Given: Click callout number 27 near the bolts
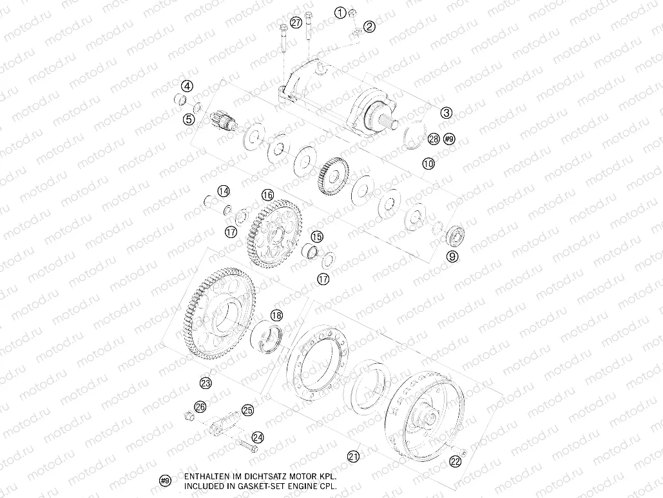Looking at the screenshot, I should (296, 23).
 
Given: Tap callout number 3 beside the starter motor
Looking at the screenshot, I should (447, 112).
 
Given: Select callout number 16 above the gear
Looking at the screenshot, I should (267, 195).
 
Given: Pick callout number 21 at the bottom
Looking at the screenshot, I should (353, 456).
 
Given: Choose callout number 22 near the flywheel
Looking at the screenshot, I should (456, 461).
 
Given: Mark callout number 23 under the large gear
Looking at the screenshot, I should (206, 383).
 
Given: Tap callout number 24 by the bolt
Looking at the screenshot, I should (257, 437).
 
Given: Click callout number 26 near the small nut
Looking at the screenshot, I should (200, 406).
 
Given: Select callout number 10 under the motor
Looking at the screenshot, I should (428, 163).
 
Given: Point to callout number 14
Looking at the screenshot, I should (223, 191).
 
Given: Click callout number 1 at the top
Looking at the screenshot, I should (340, 12).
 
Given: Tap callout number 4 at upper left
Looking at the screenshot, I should (186, 86).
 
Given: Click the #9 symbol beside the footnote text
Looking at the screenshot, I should (165, 481).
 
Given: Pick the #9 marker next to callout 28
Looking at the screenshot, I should (449, 139).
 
